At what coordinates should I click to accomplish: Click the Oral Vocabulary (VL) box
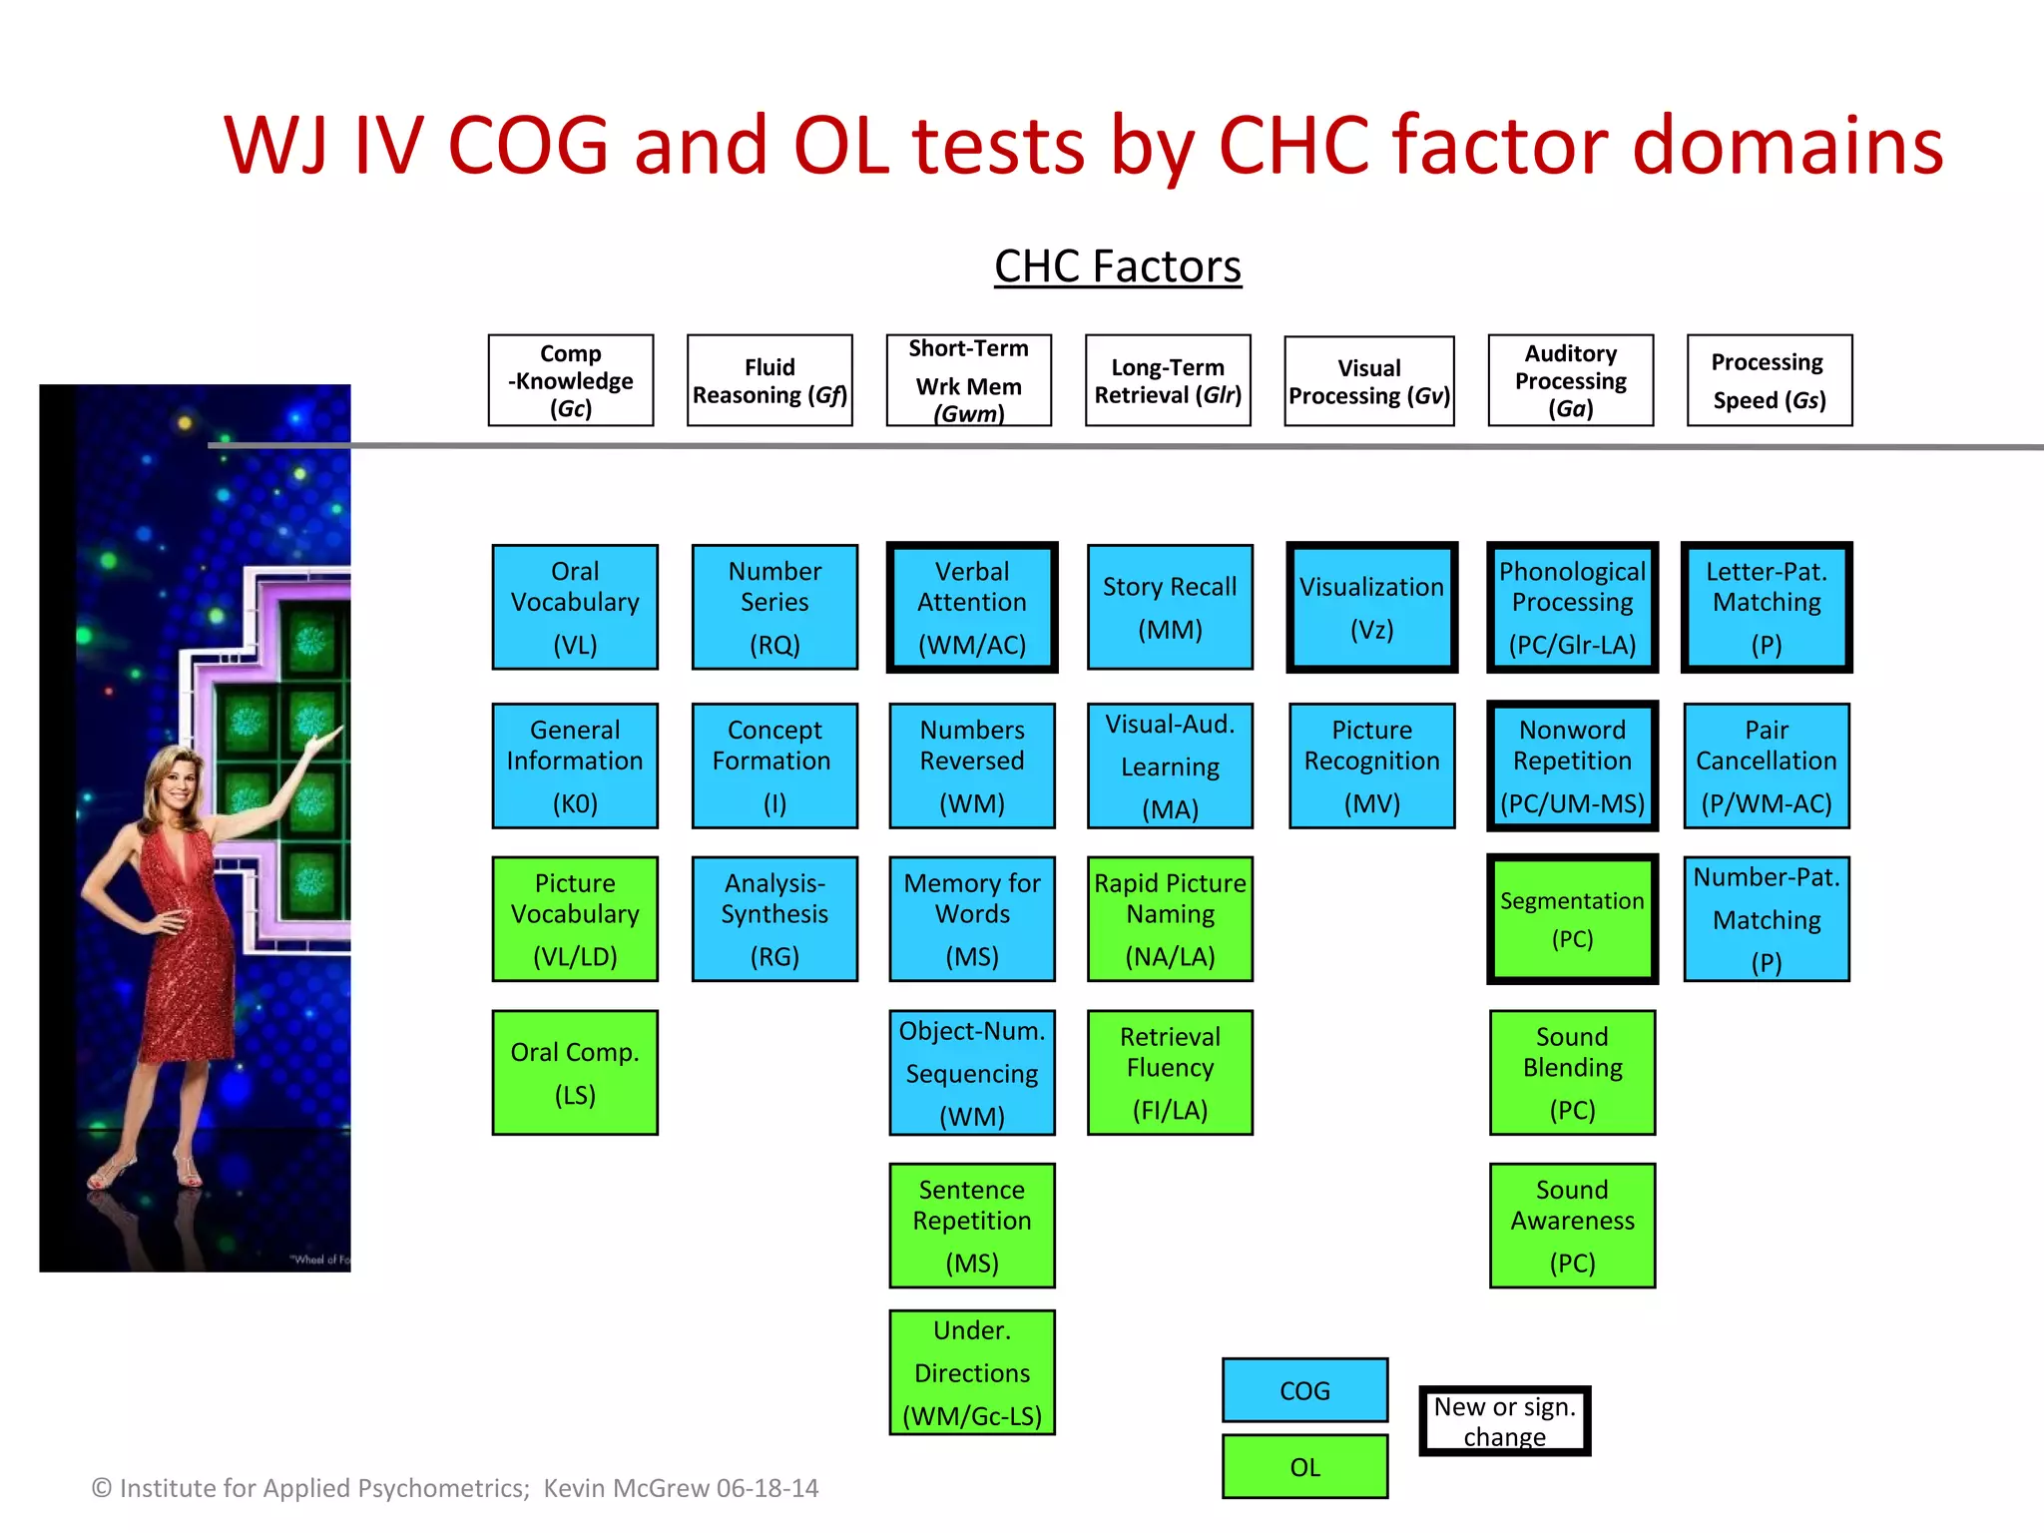(575, 607)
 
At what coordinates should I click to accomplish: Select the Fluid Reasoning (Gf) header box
(769, 380)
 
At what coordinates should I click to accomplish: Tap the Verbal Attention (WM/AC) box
(972, 607)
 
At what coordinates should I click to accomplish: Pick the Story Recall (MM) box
(1170, 607)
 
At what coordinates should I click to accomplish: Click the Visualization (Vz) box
(1371, 607)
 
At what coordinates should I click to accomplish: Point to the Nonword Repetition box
(1572, 766)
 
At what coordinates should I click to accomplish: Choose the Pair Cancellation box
(1766, 766)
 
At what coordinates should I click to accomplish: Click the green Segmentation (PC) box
(1572, 919)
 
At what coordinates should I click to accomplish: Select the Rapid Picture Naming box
(1170, 919)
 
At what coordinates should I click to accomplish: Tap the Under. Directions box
(972, 1372)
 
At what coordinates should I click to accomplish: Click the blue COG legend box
(1304, 1390)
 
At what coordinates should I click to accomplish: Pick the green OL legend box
(1304, 1466)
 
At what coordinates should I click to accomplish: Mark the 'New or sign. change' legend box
(1504, 1421)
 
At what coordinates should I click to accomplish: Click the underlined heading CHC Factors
(1118, 266)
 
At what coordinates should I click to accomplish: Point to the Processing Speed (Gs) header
(1769, 380)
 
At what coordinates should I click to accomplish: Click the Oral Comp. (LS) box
(575, 1073)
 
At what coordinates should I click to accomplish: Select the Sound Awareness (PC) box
(1572, 1226)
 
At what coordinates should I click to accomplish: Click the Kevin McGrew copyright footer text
(455, 1488)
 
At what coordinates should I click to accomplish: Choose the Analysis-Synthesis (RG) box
(774, 919)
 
